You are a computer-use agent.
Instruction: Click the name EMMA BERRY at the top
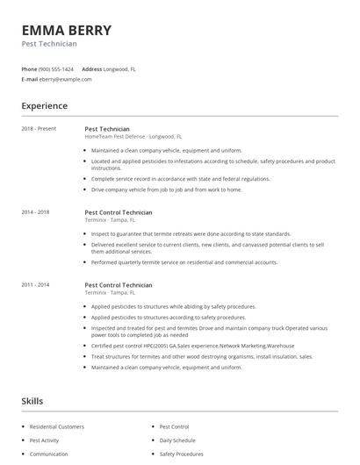click(x=66, y=31)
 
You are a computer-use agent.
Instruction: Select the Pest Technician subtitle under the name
click(x=49, y=44)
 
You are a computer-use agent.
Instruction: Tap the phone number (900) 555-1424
click(x=57, y=68)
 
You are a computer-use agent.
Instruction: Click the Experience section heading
click(x=44, y=106)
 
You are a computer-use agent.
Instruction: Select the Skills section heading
click(x=32, y=401)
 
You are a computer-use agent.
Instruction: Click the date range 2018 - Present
click(x=38, y=128)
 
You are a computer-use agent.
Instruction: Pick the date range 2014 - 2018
click(x=35, y=212)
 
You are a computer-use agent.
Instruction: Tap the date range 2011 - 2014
click(x=35, y=285)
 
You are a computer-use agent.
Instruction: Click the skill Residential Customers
click(x=57, y=426)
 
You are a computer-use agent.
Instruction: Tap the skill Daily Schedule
click(x=178, y=440)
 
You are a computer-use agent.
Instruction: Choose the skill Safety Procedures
click(x=182, y=454)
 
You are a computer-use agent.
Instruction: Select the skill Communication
click(x=49, y=454)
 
